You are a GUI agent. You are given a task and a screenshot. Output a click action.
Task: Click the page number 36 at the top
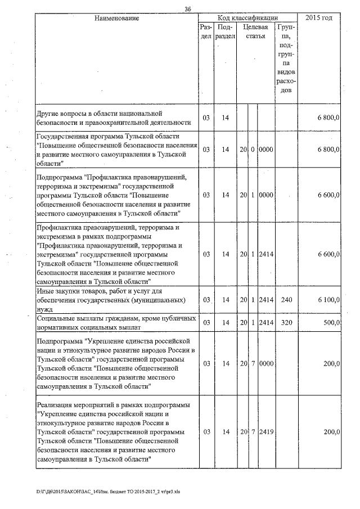pyautogui.click(x=188, y=8)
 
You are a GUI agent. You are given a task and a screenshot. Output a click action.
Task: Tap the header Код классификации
pyautogui.click(x=247, y=18)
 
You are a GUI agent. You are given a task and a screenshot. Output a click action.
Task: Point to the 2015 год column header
pyautogui.click(x=318, y=18)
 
